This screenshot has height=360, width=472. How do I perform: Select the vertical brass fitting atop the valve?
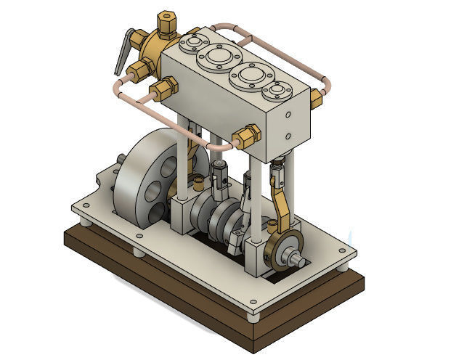click(x=167, y=24)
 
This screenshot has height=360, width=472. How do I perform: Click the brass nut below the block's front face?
click(x=248, y=135)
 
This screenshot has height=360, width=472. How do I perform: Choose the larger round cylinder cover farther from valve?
click(x=249, y=75)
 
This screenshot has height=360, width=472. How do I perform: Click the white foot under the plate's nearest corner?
click(x=253, y=316)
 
